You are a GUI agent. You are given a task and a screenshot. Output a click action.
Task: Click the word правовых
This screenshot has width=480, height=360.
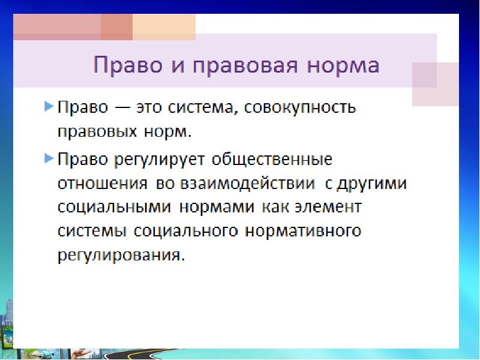[x=97, y=130]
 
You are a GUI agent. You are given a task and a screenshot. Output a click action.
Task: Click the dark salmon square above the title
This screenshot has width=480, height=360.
[x=116, y=28]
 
